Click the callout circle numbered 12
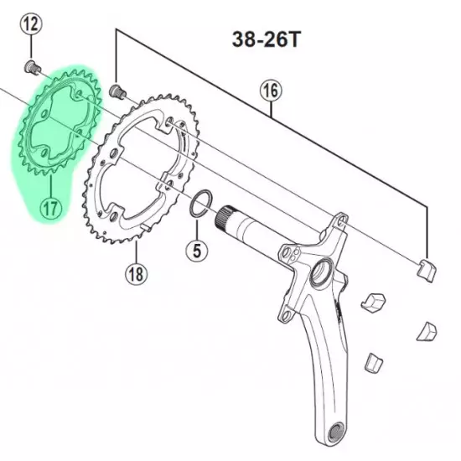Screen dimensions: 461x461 click(31, 23)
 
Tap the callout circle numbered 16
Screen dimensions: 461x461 click(271, 91)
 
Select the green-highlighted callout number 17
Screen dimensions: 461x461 click(50, 209)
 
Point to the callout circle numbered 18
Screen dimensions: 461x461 click(136, 274)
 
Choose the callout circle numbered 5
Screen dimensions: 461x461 click(197, 251)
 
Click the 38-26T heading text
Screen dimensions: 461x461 click(267, 39)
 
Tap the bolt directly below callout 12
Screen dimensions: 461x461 click(32, 67)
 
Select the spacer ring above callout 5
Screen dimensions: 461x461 click(201, 204)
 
